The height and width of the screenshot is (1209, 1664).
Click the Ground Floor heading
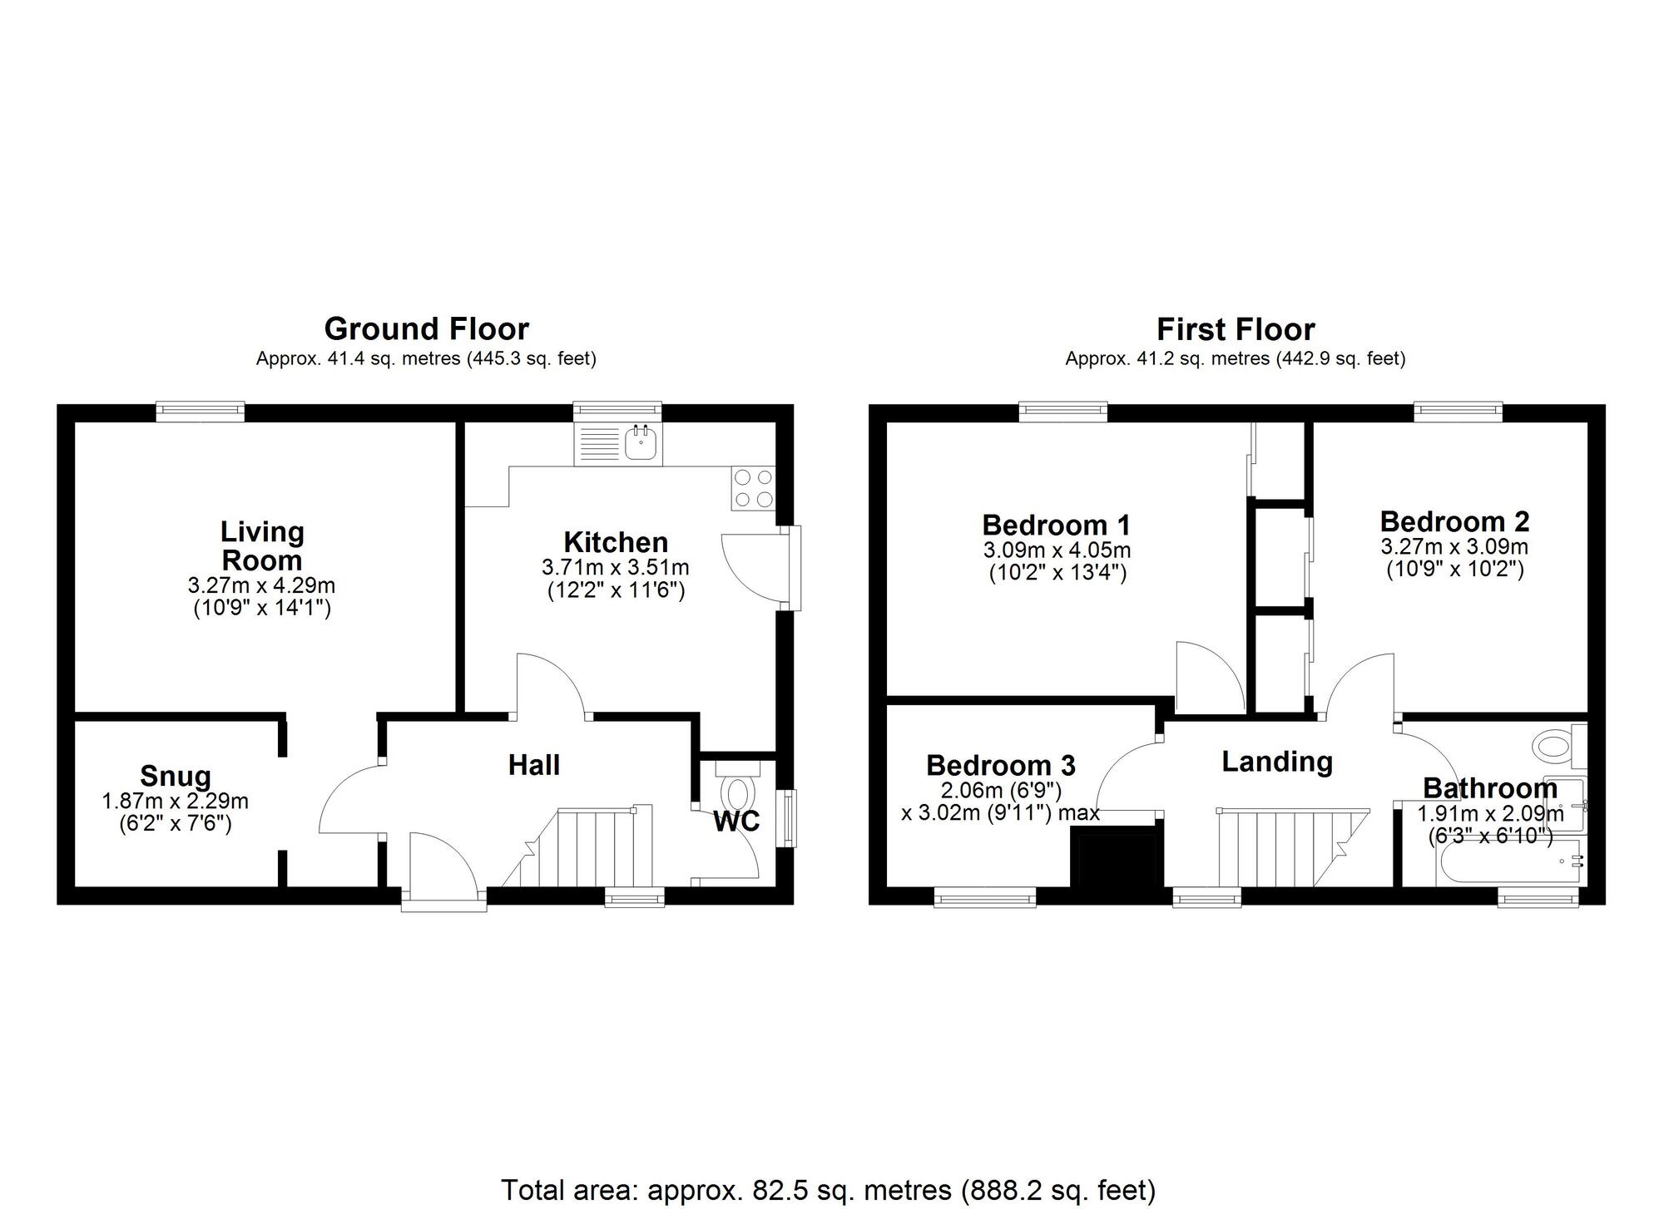click(426, 329)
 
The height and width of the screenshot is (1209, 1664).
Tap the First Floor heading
click(1236, 330)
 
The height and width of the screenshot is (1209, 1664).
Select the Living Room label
click(262, 545)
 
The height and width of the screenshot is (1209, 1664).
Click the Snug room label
click(176, 776)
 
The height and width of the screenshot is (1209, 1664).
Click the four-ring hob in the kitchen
click(753, 488)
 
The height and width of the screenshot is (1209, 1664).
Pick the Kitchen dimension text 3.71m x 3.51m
click(616, 568)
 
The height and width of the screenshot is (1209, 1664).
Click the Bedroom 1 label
click(1057, 526)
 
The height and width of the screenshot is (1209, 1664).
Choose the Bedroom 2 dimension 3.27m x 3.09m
click(1454, 547)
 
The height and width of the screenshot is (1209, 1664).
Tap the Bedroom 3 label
click(1001, 765)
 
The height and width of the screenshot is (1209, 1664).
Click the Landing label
click(1277, 762)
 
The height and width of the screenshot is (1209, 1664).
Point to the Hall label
click(534, 765)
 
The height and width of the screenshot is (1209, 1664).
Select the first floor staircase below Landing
click(1293, 847)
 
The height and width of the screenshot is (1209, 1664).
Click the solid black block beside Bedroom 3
click(1117, 865)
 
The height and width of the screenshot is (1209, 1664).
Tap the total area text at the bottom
click(829, 1190)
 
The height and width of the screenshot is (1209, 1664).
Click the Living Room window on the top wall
click(201, 411)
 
